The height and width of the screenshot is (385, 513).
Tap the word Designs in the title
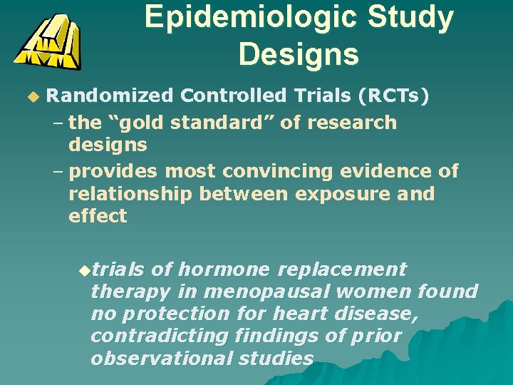[299, 53]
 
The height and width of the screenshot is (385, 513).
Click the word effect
[98, 216]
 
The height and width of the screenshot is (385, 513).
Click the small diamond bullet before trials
[85, 270]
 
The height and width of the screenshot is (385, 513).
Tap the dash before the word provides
[58, 171]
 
